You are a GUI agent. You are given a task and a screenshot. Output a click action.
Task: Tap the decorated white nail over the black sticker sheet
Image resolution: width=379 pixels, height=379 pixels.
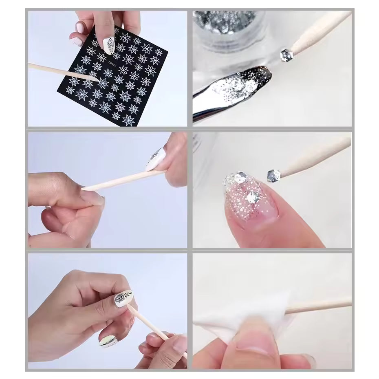[x=109, y=44]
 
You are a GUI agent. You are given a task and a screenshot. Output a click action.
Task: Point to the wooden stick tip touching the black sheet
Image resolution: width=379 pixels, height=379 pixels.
[x=96, y=79]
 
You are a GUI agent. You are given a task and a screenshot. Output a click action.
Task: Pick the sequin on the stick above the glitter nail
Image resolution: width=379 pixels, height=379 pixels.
[x=273, y=175]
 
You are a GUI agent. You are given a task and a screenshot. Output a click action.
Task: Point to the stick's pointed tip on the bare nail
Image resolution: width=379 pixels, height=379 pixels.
[x=83, y=189]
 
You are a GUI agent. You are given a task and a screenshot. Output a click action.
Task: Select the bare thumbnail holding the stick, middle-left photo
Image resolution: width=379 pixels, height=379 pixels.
[x=93, y=198]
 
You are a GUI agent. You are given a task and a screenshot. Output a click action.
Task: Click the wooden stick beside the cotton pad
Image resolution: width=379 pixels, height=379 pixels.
[x=322, y=306]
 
